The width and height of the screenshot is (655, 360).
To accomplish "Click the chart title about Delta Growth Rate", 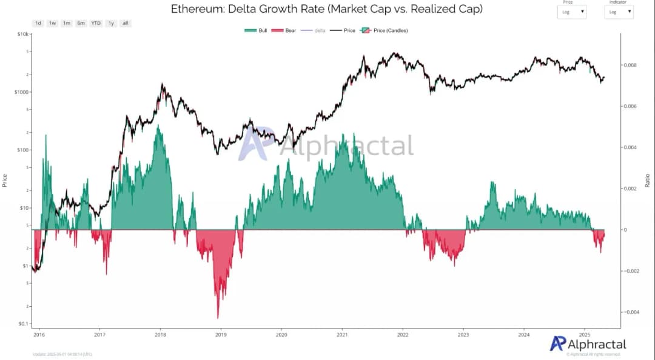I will coord(326,9).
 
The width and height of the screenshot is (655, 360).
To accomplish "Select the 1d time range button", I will coord(38,23).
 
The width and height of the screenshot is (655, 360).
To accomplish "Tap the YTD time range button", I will coord(96,23).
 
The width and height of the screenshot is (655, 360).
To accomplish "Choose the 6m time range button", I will coord(81,23).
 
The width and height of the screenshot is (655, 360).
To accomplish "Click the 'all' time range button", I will coord(125,23).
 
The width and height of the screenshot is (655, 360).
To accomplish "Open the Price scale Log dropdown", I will coord(572,12).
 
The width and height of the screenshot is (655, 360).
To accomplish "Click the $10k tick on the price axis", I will coord(22,34).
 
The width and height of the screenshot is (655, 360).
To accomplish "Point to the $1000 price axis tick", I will coord(21,92).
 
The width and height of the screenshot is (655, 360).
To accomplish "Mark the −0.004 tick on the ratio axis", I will coord(630,312).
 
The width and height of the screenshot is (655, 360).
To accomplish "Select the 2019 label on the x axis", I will coord(221,334).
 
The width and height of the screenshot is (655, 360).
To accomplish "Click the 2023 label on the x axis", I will coord(463,334).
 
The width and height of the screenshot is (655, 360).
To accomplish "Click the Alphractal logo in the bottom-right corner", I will coord(588,344).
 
